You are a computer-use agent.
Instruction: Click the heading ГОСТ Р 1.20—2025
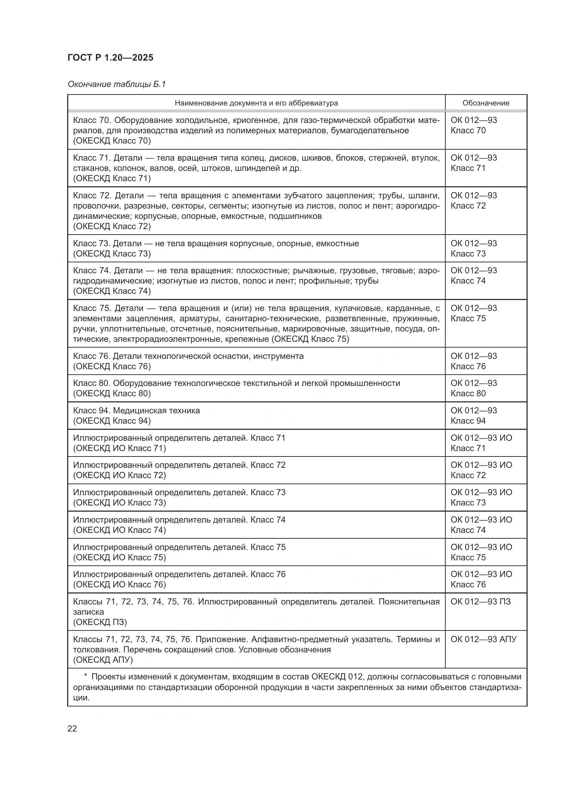tap(110, 58)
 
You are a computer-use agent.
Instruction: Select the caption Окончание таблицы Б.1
tap(117, 84)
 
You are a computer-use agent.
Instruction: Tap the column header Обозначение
tap(486, 103)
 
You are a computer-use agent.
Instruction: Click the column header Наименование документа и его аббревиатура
tap(256, 103)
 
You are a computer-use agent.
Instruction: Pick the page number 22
tap(72, 728)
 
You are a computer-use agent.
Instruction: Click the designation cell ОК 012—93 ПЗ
tap(480, 601)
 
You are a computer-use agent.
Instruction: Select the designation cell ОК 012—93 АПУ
tap(483, 639)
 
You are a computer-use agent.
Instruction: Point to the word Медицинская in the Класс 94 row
tap(135, 410)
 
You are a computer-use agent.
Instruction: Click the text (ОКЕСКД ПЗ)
tap(100, 622)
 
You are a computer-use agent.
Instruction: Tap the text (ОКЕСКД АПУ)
tap(103, 659)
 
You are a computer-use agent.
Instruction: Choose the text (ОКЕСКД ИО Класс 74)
tap(119, 530)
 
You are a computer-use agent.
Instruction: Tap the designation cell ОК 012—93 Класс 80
tap(473, 388)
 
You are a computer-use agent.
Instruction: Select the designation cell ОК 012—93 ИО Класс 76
tap(481, 579)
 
